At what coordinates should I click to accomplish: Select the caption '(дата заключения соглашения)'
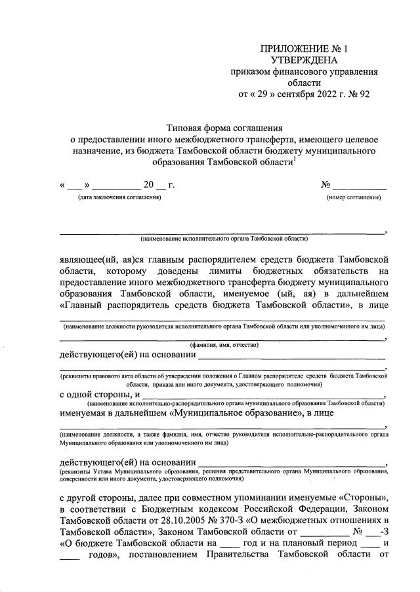[x=119, y=197]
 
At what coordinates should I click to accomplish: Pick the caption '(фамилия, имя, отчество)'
[x=224, y=345]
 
